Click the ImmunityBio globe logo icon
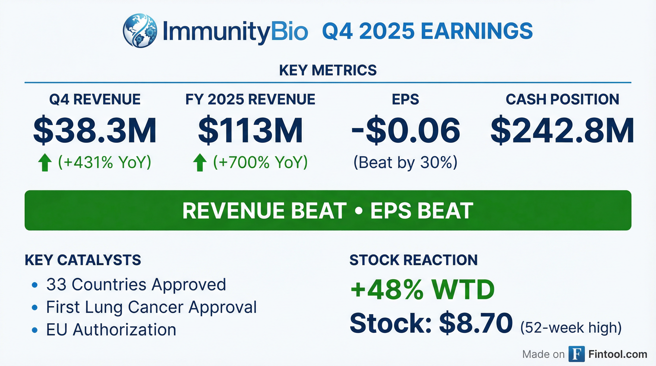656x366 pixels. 140,31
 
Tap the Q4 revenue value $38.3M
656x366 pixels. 95,130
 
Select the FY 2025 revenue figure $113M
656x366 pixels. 251,130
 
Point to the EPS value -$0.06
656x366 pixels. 405,130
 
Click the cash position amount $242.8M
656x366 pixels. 562,130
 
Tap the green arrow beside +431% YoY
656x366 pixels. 45,162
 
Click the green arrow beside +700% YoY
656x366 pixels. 200,162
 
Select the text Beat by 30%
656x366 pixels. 405,162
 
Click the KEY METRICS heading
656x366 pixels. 328,70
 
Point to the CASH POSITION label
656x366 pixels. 562,99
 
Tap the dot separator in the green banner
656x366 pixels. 358,211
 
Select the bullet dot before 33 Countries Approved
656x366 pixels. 35,285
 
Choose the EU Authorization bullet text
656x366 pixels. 111,330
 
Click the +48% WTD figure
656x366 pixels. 422,289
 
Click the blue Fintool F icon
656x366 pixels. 577,354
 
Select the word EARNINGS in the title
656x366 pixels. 477,31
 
